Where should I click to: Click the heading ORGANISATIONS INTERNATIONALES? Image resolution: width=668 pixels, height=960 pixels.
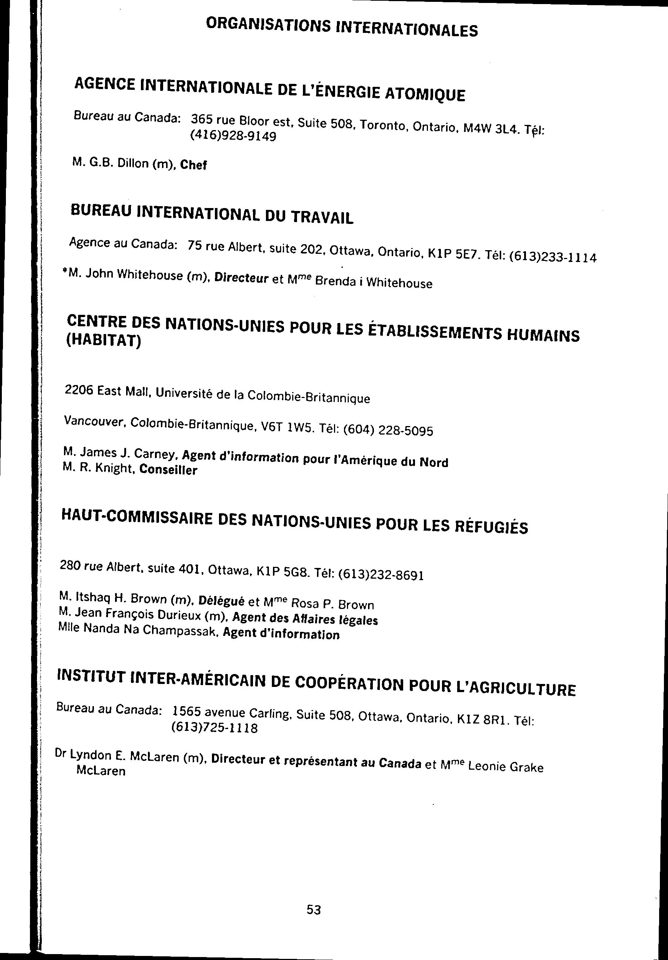(x=341, y=28)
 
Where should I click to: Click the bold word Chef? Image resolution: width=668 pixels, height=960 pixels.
(x=193, y=165)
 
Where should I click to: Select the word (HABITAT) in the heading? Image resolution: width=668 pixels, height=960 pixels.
(x=104, y=341)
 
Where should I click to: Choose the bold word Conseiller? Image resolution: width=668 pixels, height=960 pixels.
(x=168, y=470)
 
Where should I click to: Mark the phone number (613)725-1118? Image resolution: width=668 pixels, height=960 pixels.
(x=214, y=728)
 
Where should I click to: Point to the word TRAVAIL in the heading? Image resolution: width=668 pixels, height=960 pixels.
(x=322, y=217)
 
